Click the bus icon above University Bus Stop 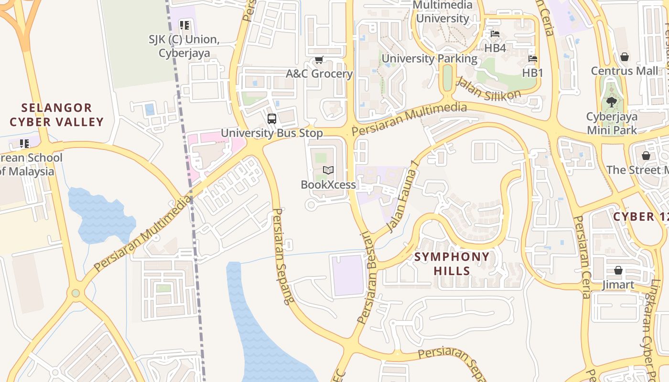coord(271,119)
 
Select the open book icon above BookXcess coord(328,170)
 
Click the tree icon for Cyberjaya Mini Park coord(611,102)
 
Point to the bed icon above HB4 coord(495,34)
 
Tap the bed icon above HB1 coord(533,59)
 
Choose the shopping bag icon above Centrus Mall coord(624,57)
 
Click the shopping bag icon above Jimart coord(618,270)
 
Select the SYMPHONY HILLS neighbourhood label coord(452,264)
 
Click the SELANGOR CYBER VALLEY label coord(56,115)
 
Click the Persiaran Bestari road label coord(365,277)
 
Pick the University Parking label coord(429,59)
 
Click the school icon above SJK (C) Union coord(184,25)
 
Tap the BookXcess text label coord(328,184)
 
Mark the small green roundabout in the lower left coord(76,293)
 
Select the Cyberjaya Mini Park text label coord(612,123)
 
